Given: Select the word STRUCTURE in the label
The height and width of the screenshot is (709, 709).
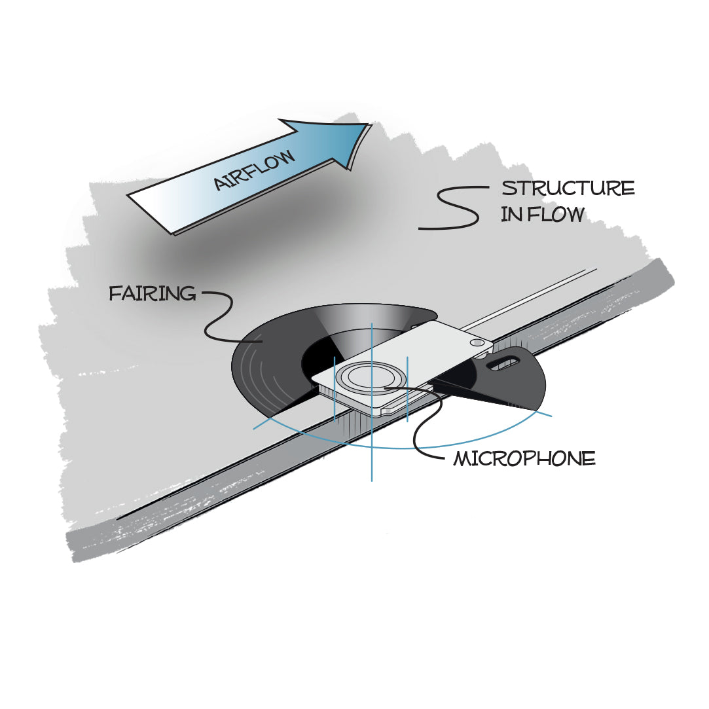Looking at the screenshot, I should [x=568, y=189].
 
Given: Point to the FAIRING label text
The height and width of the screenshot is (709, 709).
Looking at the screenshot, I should [x=152, y=293].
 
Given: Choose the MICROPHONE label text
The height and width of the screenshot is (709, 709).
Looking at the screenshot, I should [x=524, y=459].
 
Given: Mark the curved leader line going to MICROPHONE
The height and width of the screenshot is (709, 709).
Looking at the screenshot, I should [x=426, y=426].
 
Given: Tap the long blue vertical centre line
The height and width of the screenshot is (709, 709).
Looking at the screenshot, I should [x=371, y=458].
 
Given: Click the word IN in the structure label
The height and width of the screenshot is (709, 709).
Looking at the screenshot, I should [x=510, y=214].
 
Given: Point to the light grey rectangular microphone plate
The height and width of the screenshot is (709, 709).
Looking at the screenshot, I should [x=432, y=347].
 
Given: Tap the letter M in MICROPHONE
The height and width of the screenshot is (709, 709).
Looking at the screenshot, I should [x=462, y=459].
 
